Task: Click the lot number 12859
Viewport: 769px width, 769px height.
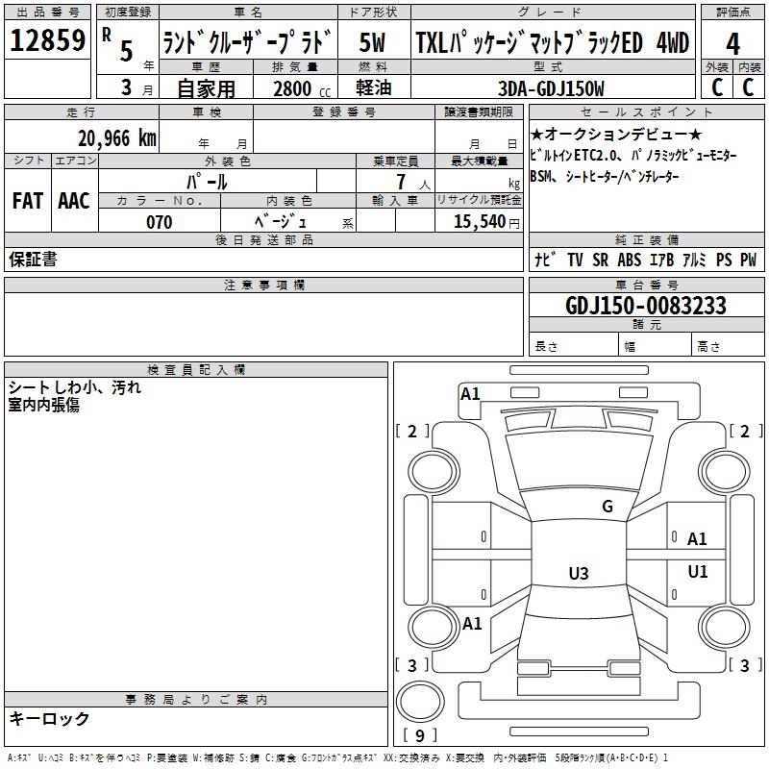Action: coord(47,40)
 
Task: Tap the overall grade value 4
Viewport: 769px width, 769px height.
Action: coord(732,44)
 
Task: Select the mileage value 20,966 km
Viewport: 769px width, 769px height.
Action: coord(117,138)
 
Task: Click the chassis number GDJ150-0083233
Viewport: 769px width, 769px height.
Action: coord(646,306)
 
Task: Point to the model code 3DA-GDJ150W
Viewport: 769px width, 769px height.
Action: coord(551,88)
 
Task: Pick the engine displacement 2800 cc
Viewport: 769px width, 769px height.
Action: coord(302,88)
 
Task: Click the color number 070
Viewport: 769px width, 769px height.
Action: coord(160,222)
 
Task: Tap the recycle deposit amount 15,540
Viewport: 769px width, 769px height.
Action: coord(479,222)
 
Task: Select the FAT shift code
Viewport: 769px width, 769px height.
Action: coord(28,201)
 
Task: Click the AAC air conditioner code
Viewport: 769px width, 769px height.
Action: coord(74,201)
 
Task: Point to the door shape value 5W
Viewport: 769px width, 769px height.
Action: coord(372,42)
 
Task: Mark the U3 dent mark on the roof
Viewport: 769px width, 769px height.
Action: coord(579,573)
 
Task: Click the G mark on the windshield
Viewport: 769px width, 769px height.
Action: coord(608,506)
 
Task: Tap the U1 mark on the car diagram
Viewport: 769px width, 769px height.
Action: coord(698,571)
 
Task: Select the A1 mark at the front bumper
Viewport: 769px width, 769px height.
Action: coord(470,394)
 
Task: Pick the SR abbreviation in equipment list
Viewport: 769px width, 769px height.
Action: coord(600,260)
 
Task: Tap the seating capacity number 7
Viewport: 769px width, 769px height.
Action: coord(401,182)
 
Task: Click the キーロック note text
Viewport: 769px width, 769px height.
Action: coord(49,718)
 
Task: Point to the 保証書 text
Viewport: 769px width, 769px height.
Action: coord(33,259)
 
